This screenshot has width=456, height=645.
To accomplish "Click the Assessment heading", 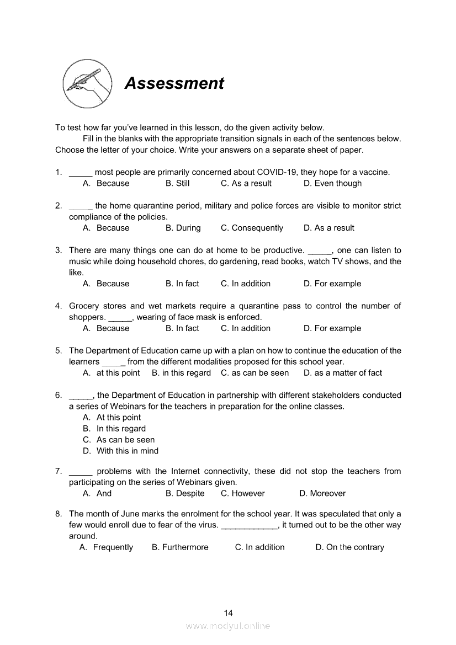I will pyautogui.click(x=174, y=83).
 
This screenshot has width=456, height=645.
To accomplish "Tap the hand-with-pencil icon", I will pyautogui.click(x=88, y=83).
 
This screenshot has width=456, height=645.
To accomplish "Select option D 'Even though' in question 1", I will pyautogui.click(x=338, y=184).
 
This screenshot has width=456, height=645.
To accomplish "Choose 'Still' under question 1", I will pyautogui.click(x=183, y=184).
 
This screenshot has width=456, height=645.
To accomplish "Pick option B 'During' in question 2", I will pyautogui.click(x=188, y=228).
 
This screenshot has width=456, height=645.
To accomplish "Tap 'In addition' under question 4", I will pyautogui.click(x=251, y=328).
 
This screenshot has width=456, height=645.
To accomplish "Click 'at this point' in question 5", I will pyautogui.click(x=118, y=373).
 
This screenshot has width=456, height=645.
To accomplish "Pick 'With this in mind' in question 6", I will pyautogui.click(x=128, y=451).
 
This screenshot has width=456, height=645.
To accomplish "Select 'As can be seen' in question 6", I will pyautogui.click(x=125, y=440).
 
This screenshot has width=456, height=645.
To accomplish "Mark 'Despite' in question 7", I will pyautogui.click(x=190, y=493).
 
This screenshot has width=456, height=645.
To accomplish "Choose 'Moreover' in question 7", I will pyautogui.click(x=328, y=493).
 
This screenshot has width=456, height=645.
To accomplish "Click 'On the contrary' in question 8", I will pyautogui.click(x=355, y=547).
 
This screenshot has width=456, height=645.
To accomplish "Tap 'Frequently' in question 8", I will pyautogui.click(x=113, y=547).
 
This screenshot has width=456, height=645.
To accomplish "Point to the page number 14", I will pyautogui.click(x=228, y=613).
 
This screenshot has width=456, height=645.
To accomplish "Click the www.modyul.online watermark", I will pyautogui.click(x=228, y=626).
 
